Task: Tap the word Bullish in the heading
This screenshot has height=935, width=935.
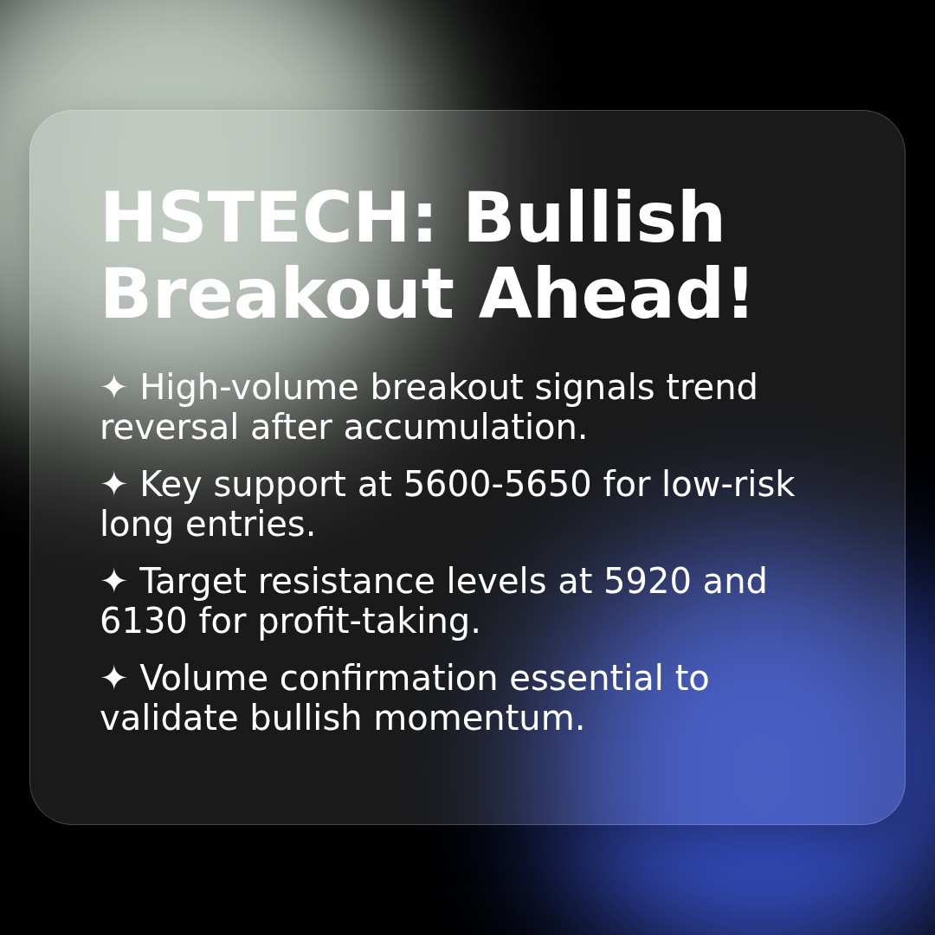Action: coord(594,219)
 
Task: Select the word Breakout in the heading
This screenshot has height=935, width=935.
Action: coord(277,295)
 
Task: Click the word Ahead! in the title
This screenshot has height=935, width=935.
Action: coord(616,295)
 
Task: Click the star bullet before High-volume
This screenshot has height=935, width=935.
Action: coord(113,387)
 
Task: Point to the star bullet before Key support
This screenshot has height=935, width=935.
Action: coord(113,484)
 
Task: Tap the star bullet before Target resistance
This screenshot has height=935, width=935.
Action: coord(113,581)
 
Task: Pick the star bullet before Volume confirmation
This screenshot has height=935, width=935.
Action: coord(113,678)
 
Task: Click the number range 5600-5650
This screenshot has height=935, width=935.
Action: coord(498,485)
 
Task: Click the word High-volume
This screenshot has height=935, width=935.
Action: coord(248,388)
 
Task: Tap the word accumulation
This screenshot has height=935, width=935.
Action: coord(466,428)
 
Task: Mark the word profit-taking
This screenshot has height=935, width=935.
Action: coord(369,622)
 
